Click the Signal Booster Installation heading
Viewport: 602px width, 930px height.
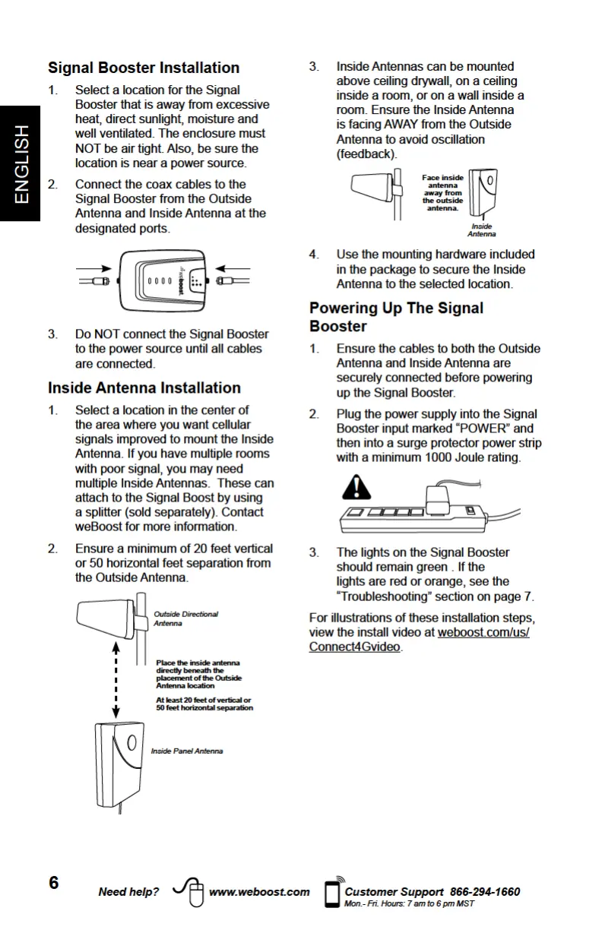pos(144,68)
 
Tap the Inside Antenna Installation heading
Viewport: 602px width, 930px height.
pos(144,387)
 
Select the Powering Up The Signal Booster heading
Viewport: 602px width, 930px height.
pos(396,317)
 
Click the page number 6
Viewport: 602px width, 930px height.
pos(54,882)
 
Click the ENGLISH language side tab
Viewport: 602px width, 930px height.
pos(21,164)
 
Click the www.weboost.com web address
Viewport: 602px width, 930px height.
pos(259,892)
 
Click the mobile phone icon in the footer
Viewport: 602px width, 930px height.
pos(331,893)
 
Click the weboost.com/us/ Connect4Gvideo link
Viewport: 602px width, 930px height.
pos(419,640)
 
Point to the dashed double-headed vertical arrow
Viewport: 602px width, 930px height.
pos(116,680)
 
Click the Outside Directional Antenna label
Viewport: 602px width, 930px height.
pos(185,618)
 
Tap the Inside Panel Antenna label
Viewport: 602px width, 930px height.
pos(187,751)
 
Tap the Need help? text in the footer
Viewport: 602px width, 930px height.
pos(129,892)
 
